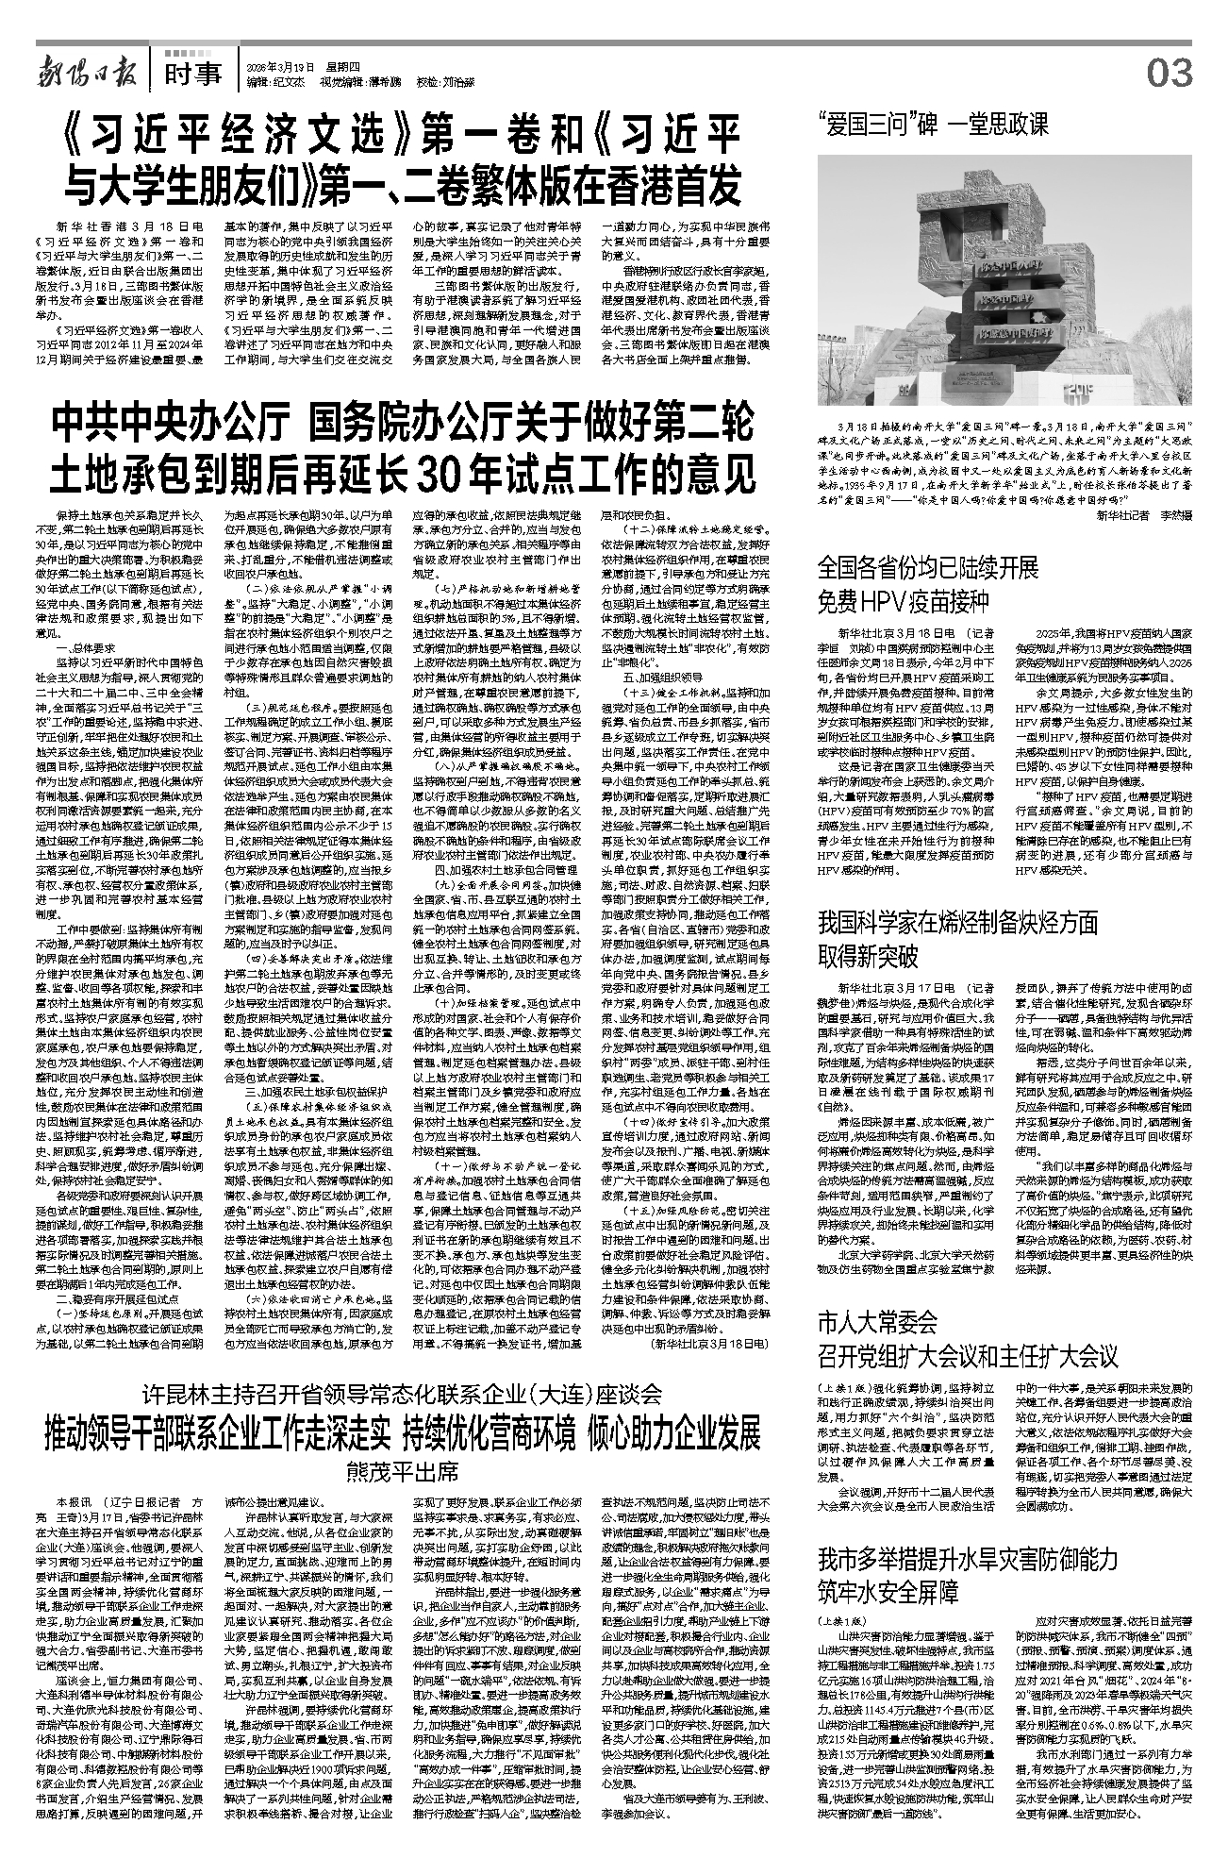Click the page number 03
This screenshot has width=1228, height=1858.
coord(1170,73)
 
